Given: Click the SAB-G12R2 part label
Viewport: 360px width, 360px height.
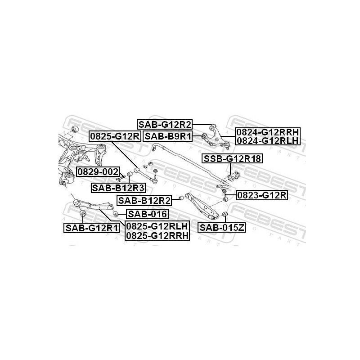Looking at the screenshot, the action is (164, 125).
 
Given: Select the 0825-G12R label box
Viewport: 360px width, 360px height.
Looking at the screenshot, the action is (115, 136).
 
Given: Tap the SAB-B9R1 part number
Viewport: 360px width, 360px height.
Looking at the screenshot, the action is (168, 136).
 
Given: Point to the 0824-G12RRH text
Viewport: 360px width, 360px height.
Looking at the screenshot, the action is (268, 132).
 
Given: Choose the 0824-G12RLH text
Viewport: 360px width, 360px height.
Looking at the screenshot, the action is (268, 140).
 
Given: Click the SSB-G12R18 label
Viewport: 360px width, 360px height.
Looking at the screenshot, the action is (232, 159).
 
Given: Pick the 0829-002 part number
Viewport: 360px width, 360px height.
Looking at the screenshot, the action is (98, 171).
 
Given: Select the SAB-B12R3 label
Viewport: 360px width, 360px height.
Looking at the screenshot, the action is (118, 188).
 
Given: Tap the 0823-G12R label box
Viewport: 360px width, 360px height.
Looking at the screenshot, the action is (262, 195).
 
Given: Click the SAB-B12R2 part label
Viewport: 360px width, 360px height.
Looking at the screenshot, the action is (144, 201).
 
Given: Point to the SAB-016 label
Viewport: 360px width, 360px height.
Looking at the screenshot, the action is (147, 214).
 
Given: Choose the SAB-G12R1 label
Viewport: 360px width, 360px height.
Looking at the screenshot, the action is (91, 228).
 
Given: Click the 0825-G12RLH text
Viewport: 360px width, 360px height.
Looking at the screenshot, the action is (157, 226).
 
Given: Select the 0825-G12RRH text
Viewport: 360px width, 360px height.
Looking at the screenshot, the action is (157, 235).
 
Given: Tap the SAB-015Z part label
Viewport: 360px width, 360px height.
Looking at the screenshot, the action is (222, 228).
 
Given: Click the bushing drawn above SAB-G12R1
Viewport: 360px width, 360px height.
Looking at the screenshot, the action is (82, 213).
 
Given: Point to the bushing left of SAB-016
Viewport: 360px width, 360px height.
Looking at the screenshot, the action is (116, 214).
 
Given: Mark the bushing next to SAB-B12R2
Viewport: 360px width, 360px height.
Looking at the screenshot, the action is (181, 198).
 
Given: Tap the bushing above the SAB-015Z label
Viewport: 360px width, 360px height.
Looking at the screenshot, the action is (225, 214).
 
